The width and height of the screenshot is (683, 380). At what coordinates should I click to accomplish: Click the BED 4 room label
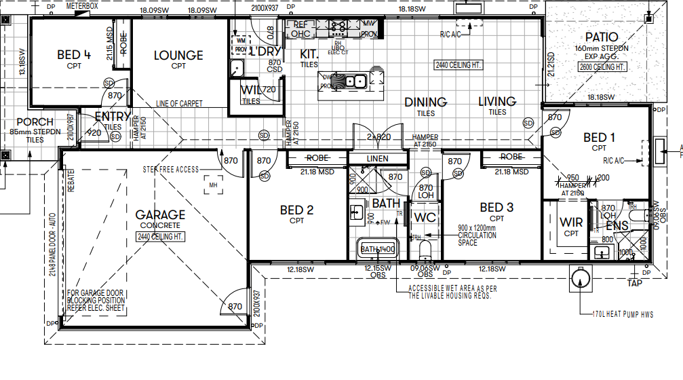click(x=74, y=55)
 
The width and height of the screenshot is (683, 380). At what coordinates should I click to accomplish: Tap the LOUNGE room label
click(x=178, y=56)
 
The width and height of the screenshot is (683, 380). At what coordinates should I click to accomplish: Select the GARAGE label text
click(x=160, y=215)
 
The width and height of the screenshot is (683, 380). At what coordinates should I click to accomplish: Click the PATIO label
click(x=602, y=37)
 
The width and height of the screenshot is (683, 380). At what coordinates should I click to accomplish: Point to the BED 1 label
click(x=599, y=138)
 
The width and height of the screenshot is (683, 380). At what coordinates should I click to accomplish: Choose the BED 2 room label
click(x=296, y=210)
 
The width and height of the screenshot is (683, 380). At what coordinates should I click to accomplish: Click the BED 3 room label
click(x=496, y=208)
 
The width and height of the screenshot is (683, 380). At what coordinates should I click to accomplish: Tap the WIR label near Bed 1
click(x=571, y=223)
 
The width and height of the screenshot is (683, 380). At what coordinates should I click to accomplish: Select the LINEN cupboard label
click(x=377, y=158)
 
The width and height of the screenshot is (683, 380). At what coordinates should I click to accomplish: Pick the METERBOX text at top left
click(x=81, y=5)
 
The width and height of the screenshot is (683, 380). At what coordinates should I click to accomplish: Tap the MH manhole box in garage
click(x=212, y=184)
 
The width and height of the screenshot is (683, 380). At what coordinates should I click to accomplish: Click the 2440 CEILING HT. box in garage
click(x=160, y=236)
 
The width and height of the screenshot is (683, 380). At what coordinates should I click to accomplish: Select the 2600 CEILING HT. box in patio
click(x=602, y=67)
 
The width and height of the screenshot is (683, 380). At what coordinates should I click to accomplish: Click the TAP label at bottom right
click(x=634, y=283)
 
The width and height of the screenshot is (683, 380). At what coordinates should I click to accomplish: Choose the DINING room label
click(x=425, y=102)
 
